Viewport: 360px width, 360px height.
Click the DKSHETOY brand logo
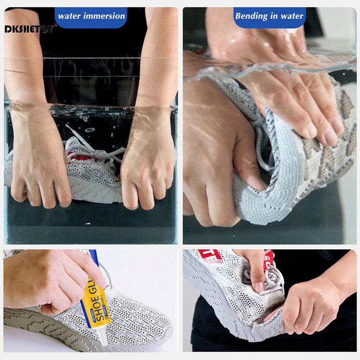(x=30, y=29)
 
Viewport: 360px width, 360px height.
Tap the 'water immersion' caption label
(x=91, y=16)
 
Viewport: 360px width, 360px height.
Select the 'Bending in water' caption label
(x=270, y=16)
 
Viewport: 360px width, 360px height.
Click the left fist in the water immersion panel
(x=40, y=171)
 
